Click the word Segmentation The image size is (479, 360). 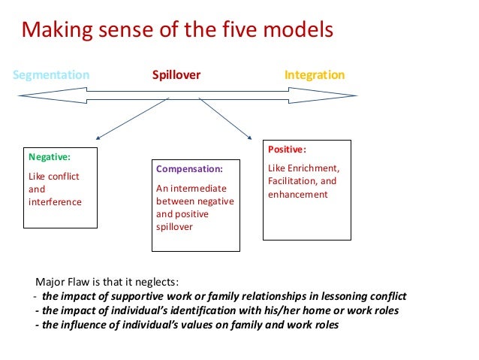(x=52, y=75)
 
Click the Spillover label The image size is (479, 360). (x=176, y=75)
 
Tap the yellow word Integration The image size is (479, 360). (x=314, y=75)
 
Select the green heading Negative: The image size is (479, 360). (x=49, y=158)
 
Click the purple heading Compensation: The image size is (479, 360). (x=189, y=169)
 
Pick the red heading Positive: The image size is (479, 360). (x=287, y=150)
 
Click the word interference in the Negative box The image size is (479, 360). (x=55, y=202)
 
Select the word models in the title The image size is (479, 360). (x=299, y=32)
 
